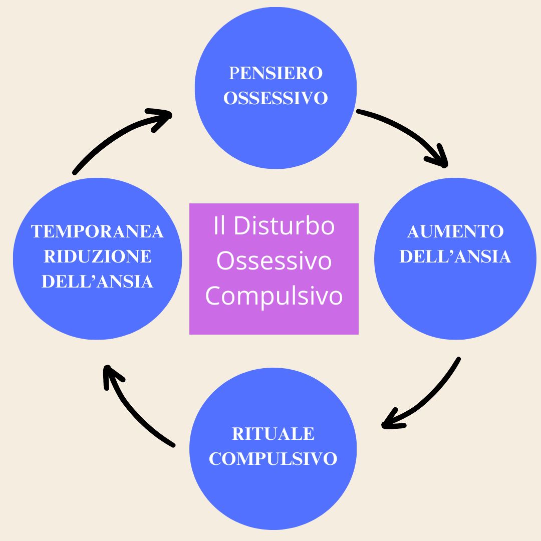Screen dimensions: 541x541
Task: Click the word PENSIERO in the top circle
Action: [x=276, y=73]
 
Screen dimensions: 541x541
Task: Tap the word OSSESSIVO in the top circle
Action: [x=276, y=98]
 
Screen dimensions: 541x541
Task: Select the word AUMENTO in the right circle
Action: [x=455, y=231]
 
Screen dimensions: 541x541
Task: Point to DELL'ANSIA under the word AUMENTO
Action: [x=455, y=256]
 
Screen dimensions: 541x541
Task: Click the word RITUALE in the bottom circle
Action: [x=273, y=434]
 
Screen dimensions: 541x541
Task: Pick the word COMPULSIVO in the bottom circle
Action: [x=273, y=458]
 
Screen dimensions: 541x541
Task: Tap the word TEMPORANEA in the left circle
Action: [x=97, y=231]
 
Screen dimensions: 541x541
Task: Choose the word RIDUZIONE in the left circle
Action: [x=97, y=256]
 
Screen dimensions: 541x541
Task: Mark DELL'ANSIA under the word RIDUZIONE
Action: [x=97, y=282]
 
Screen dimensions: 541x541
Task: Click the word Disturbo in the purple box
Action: [x=284, y=226]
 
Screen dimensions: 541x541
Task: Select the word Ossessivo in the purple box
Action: [x=274, y=261]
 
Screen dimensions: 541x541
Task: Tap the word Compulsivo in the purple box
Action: [x=274, y=296]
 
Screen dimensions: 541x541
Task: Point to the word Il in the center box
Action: [x=219, y=226]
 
